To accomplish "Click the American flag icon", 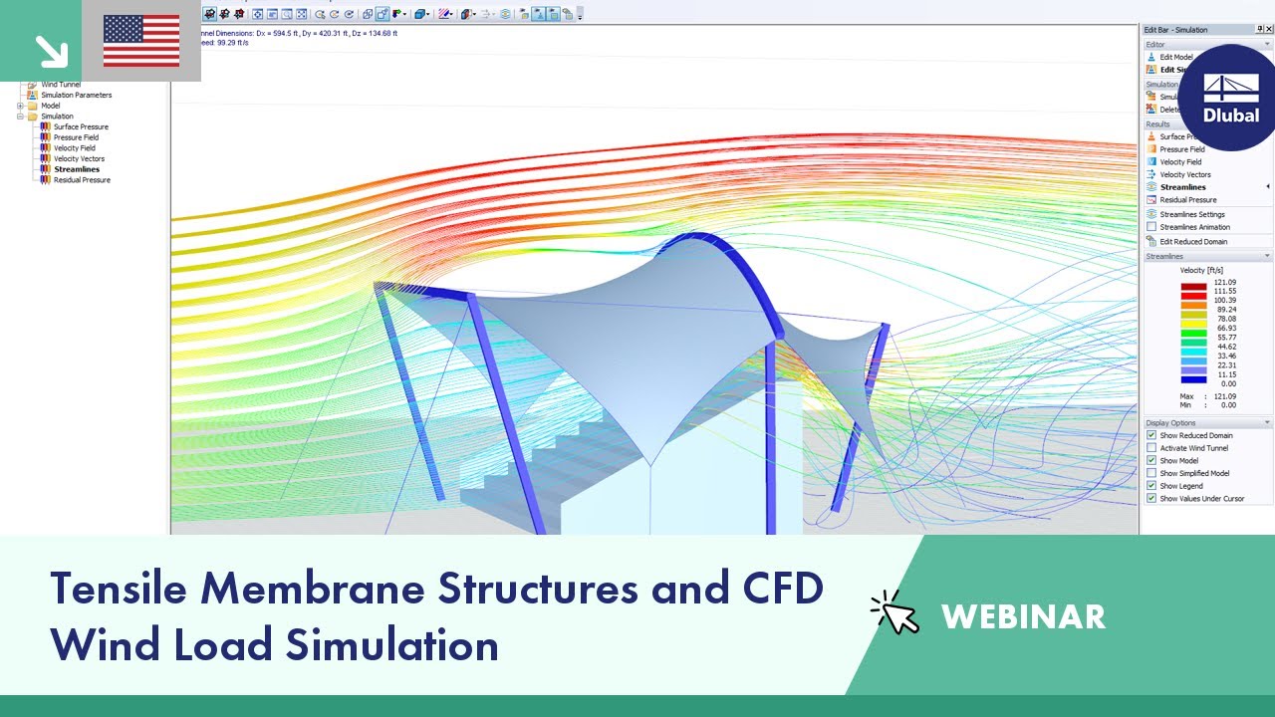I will point(141,41).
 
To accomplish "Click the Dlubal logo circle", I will point(1231,98).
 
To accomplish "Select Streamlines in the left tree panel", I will point(77,169).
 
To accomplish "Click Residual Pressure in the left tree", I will point(82,180).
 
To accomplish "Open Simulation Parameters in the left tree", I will point(76,96).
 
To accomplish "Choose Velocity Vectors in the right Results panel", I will point(1185,174).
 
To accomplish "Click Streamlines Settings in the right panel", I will point(1192,214).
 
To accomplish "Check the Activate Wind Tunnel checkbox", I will point(1152,448).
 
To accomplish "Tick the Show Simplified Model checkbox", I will point(1152,473).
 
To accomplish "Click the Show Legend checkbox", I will point(1152,486).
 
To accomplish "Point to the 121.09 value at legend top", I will point(1224,283).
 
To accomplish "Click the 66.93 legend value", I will point(1224,328).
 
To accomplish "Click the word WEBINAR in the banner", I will point(1023,616).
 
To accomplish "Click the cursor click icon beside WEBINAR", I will point(894,611).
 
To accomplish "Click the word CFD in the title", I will point(776,589).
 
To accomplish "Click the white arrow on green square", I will point(48,49).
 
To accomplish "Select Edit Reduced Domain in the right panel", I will point(1193,241).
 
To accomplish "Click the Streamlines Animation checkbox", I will point(1151,227).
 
